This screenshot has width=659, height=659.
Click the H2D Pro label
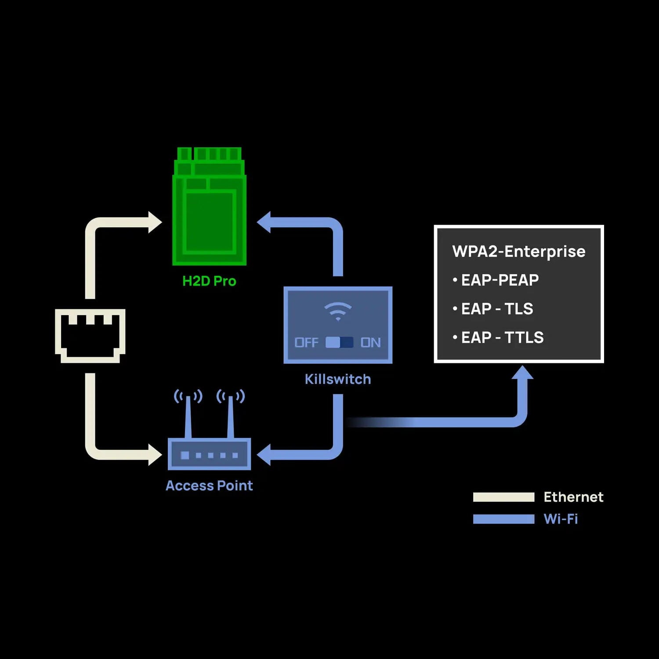(x=209, y=281)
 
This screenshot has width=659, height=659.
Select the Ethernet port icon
(x=90, y=336)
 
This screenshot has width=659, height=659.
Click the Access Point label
(x=209, y=485)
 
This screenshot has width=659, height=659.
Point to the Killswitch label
(x=337, y=379)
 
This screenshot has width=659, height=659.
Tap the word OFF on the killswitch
(x=306, y=343)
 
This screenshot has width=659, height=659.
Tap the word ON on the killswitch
(x=370, y=343)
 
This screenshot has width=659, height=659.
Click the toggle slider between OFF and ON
(x=339, y=343)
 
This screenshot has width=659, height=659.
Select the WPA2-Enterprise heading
(x=519, y=252)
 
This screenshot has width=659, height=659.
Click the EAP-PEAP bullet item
(x=499, y=280)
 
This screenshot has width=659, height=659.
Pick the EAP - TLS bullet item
(x=496, y=309)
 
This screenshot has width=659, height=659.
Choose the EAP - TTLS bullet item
(x=502, y=337)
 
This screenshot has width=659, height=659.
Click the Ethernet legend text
(x=573, y=497)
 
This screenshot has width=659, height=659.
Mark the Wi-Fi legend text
(x=561, y=519)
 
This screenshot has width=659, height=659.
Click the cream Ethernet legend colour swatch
(x=503, y=497)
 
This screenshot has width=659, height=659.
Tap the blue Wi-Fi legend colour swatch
(x=503, y=519)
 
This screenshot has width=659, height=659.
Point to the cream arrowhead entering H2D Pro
(x=155, y=222)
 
